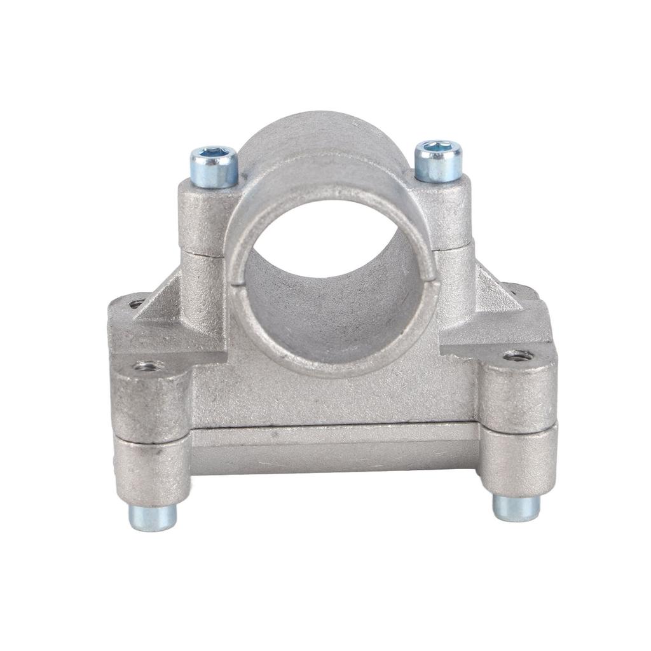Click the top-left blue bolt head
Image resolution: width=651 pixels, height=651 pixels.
214,167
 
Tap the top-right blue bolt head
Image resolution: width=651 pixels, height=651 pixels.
438,161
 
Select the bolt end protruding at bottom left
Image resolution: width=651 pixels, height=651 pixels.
153,517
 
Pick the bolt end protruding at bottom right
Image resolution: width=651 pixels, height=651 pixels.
516,507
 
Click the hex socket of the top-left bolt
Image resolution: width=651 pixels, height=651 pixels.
214,153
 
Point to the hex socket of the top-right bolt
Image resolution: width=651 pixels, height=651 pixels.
438,147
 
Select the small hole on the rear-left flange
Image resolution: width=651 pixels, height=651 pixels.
135,304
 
